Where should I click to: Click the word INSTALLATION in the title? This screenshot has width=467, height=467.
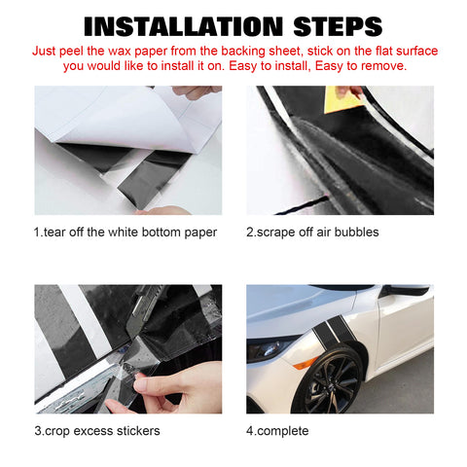click(184, 26)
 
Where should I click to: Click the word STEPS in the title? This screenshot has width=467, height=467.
click(338, 26)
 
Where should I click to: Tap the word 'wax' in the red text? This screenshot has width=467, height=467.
click(120, 52)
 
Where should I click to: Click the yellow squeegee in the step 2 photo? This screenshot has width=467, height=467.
click(342, 99)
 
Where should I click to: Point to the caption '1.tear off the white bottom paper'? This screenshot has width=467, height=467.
click(126, 233)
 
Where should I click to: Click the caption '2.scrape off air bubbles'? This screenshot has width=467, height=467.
click(312, 233)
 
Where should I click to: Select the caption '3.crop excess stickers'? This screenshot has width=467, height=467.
click(97, 431)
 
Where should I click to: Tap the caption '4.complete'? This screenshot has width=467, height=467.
click(277, 431)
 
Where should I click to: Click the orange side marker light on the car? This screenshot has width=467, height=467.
click(305, 363)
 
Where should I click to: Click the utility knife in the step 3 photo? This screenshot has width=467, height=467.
click(143, 311)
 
